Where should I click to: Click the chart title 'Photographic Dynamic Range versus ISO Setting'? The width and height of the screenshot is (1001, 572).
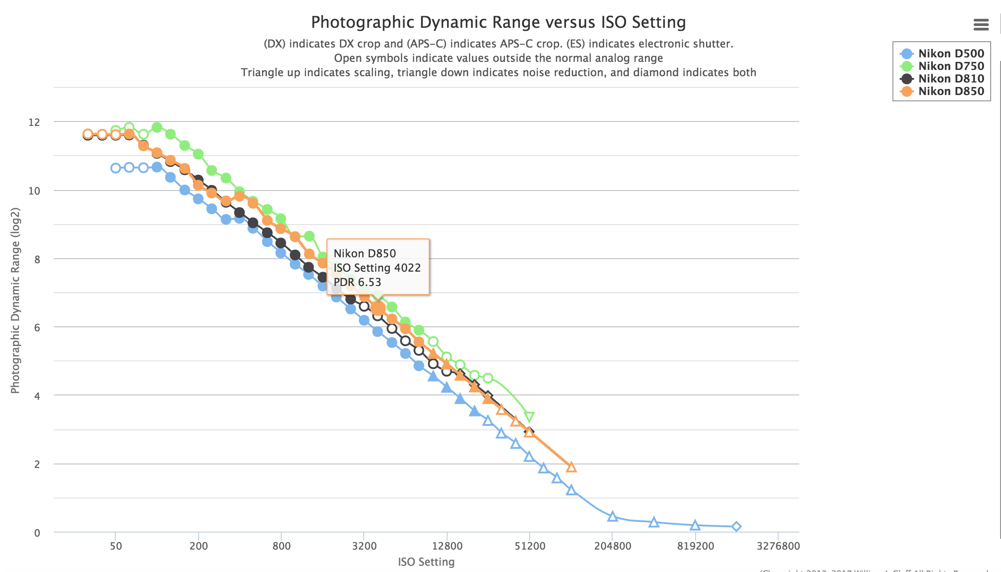(x=498, y=22)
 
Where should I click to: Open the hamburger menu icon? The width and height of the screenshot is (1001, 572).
(x=981, y=25)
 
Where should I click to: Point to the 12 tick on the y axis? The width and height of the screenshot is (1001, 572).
(x=34, y=122)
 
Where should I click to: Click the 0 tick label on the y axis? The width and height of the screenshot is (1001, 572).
(x=37, y=533)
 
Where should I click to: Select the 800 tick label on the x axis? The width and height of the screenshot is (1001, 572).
(x=281, y=546)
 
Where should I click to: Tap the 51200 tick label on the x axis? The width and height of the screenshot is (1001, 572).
(x=530, y=546)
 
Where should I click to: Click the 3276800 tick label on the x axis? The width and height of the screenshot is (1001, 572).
(x=778, y=546)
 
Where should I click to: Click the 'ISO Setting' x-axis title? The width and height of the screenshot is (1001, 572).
(x=426, y=562)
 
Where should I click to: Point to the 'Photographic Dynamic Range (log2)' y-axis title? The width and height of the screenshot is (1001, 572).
(x=15, y=300)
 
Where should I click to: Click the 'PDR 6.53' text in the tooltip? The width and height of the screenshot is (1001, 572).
(x=357, y=282)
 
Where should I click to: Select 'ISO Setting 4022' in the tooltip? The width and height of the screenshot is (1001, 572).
(x=377, y=268)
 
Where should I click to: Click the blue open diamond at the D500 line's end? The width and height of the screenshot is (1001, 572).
(x=736, y=526)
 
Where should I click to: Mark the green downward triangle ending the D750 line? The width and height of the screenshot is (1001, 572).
(x=529, y=417)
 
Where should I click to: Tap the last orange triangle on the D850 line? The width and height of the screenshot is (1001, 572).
(x=571, y=467)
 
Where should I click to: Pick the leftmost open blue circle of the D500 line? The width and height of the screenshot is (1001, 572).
(x=116, y=168)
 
